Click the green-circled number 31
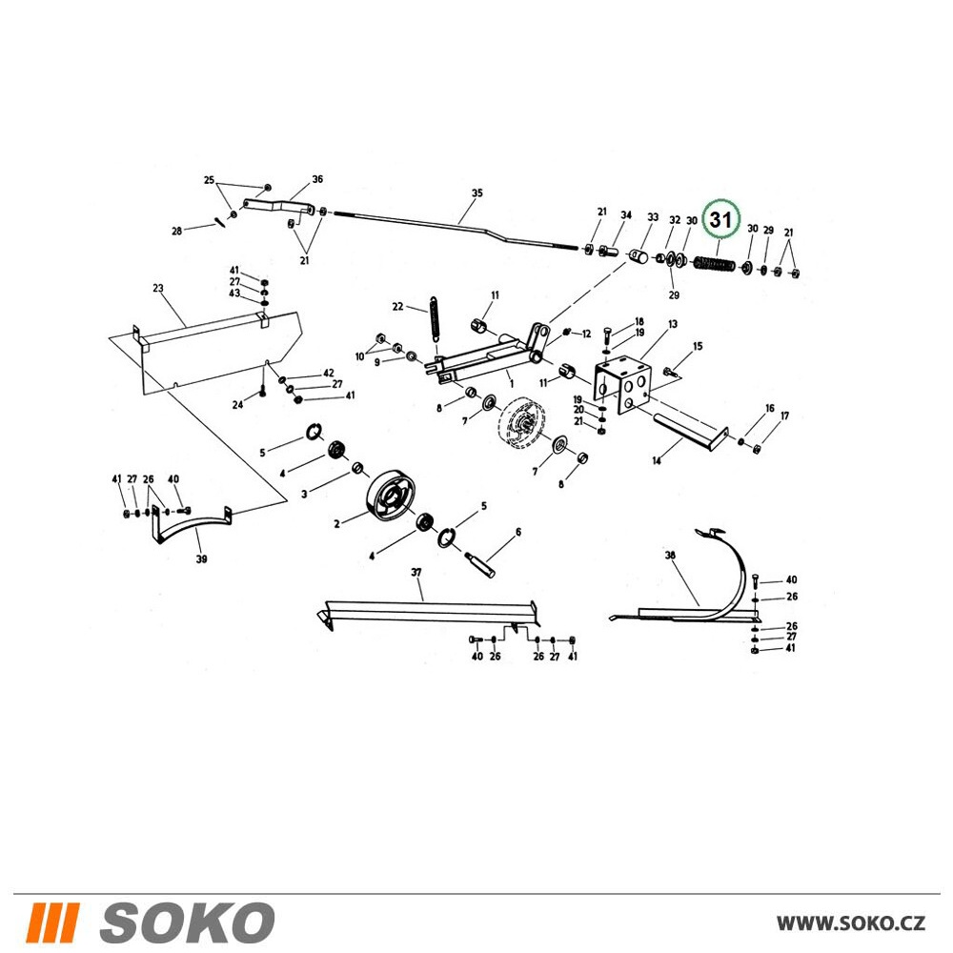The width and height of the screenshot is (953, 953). [x=720, y=219]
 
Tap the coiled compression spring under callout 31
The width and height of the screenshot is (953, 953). [x=714, y=264]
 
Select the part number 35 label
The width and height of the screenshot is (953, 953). [x=477, y=193]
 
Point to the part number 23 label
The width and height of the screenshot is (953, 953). [x=158, y=288]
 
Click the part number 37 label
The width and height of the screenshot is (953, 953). [x=416, y=573]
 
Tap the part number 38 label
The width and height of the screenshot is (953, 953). [x=670, y=556]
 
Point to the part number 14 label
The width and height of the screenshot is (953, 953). [x=657, y=460]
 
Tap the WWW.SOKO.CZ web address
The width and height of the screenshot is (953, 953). [x=851, y=923]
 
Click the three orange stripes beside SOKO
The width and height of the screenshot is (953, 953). [x=53, y=922]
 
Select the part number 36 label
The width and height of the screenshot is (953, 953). [x=317, y=179]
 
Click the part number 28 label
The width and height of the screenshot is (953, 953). [x=176, y=231]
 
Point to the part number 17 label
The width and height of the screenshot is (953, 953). [x=784, y=416]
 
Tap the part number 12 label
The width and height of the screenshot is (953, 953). [x=586, y=335]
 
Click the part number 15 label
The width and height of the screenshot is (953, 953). [x=698, y=347]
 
